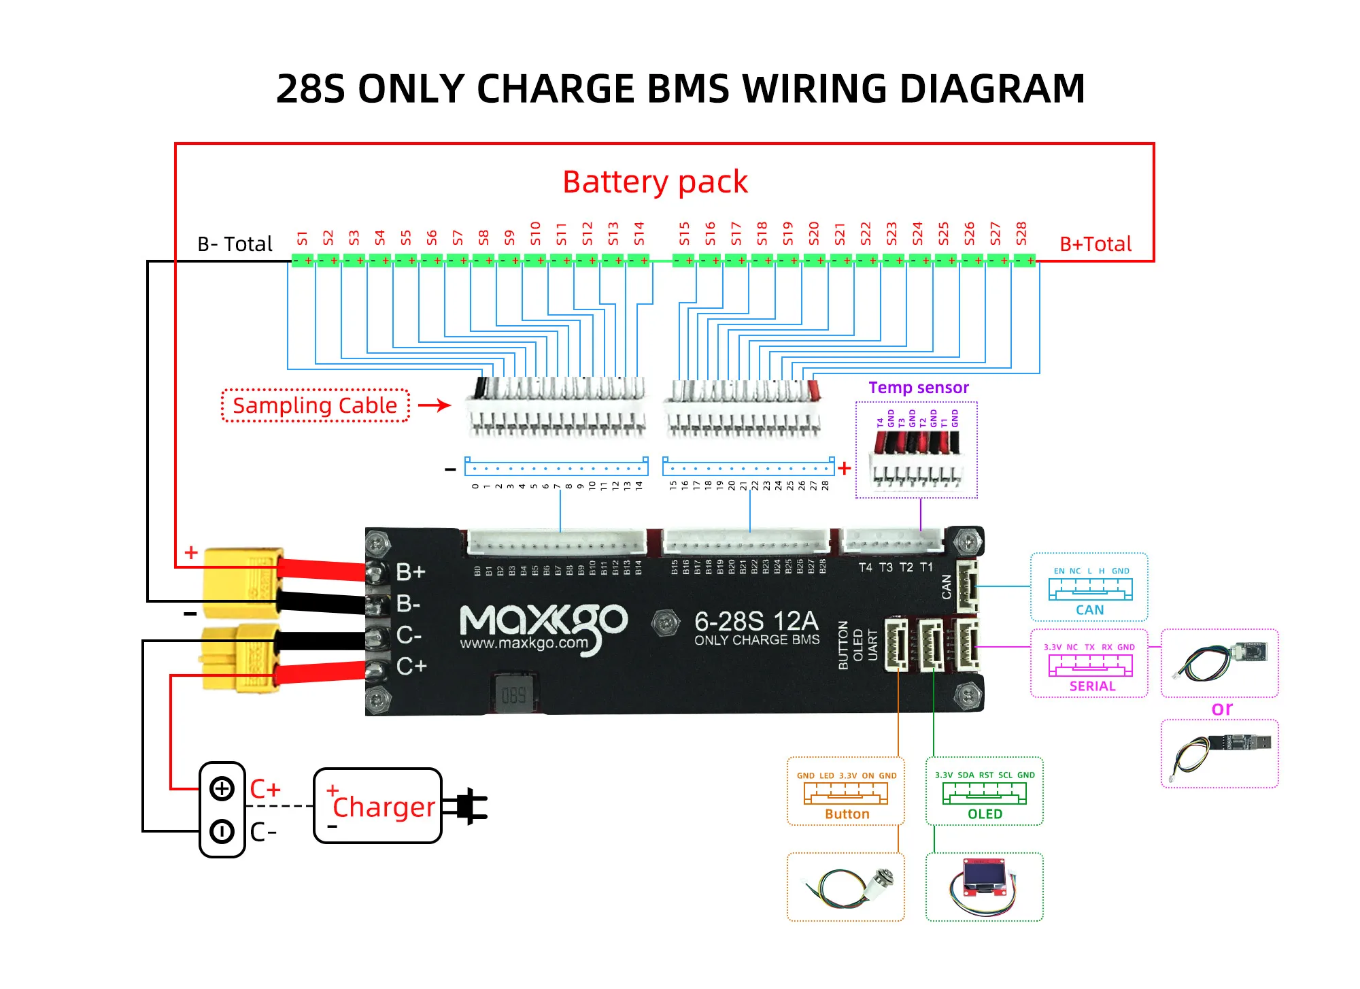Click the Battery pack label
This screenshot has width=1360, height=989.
tap(655, 182)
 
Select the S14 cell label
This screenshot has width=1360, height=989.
tap(639, 233)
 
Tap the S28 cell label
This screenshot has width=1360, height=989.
tap(1021, 233)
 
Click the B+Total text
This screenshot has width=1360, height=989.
tap(1095, 244)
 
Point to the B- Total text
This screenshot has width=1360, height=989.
tap(235, 244)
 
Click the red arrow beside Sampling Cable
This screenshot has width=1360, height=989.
tap(435, 405)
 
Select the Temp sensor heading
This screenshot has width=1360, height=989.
tap(918, 388)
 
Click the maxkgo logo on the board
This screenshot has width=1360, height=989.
tap(543, 626)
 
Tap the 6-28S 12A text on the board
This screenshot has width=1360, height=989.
tap(755, 621)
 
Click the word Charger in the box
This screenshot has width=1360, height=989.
tap(384, 807)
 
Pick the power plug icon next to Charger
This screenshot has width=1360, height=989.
tap(469, 806)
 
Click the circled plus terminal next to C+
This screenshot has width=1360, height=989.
tap(222, 789)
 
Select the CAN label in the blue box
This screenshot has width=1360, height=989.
tap(1089, 610)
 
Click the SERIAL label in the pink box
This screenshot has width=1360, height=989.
tap(1092, 686)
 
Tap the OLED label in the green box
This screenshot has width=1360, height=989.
tap(985, 814)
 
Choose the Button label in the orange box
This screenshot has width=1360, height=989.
tap(847, 814)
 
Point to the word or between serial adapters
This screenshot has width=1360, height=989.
tap(1221, 709)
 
